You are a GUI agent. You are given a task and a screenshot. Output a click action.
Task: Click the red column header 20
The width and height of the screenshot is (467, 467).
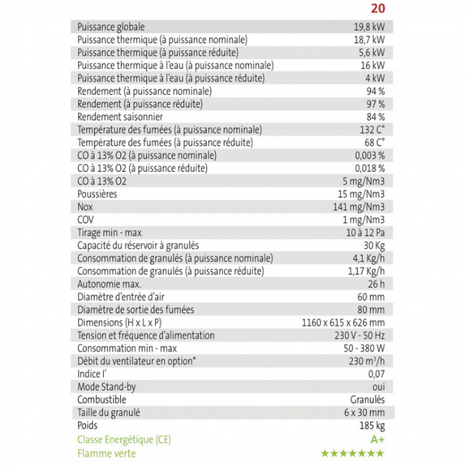coord(377,9)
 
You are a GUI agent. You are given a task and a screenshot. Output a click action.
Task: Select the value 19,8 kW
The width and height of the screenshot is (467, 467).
coord(369,27)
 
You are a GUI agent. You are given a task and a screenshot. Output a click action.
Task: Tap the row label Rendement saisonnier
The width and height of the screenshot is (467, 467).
coord(111,116)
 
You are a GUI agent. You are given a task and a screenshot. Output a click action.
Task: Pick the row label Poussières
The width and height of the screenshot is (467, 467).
coord(97,194)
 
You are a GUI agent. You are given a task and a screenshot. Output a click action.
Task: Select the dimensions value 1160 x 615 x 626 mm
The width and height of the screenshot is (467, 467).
coord(343,322)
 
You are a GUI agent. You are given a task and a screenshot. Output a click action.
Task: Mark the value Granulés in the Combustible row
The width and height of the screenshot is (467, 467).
coord(367,399)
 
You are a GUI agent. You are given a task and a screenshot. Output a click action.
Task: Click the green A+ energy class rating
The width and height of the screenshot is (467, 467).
coord(377,439)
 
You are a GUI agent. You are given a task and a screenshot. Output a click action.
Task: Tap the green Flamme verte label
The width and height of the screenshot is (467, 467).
coord(106,453)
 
